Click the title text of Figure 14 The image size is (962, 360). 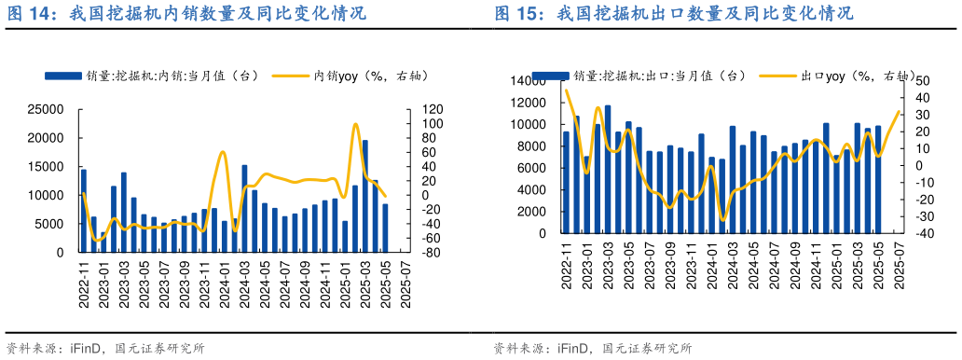point(186,14)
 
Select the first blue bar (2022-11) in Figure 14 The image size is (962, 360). point(84,211)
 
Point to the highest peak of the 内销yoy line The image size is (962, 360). point(355,124)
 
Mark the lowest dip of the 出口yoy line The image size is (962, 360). point(722,220)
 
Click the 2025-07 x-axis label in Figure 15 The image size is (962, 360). point(898,265)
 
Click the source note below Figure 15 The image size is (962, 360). point(593,349)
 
